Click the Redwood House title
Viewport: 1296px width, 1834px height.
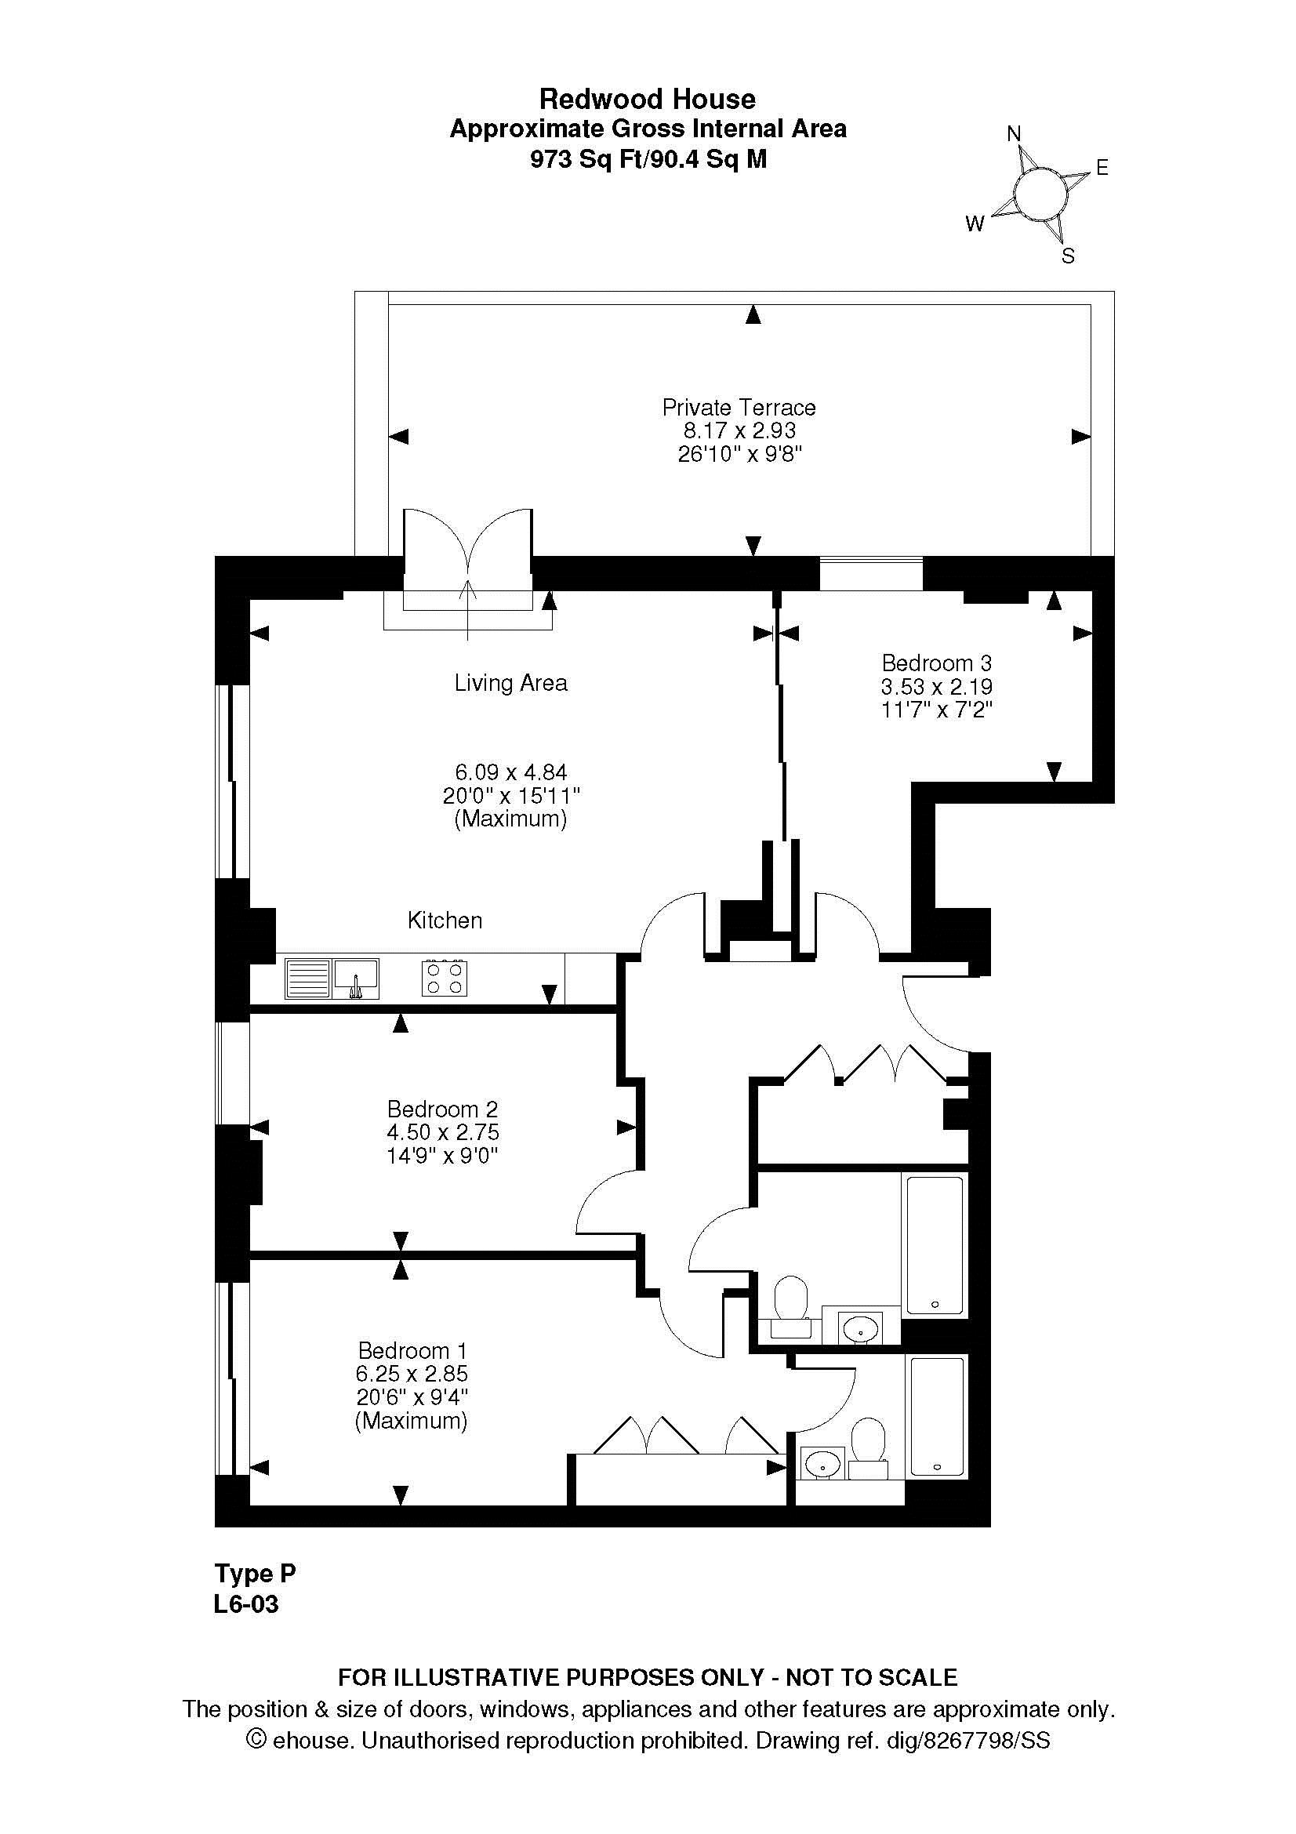(648, 99)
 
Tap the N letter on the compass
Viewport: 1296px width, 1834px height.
(1014, 134)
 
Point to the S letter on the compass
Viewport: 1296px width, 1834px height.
(1068, 256)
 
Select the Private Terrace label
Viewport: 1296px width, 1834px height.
(739, 408)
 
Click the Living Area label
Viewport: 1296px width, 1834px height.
(511, 683)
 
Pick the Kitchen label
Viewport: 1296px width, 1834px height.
(445, 921)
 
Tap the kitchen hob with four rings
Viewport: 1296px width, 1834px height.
(445, 978)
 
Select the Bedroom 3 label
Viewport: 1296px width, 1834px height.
(937, 663)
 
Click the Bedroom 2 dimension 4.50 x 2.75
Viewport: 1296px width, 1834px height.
(442, 1133)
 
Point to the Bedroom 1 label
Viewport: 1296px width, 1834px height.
(412, 1351)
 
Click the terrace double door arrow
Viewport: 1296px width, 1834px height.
(468, 611)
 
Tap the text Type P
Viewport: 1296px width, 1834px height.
(255, 1574)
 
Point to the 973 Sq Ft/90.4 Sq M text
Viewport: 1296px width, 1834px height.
(648, 160)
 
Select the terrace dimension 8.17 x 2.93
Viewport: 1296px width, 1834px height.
(739, 430)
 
